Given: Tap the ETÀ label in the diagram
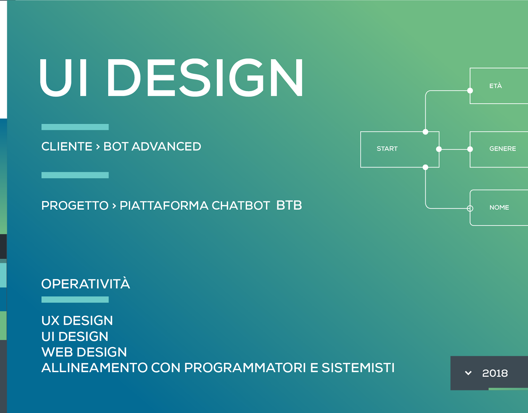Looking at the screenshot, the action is pyautogui.click(x=495, y=86).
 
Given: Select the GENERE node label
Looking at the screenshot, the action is pyautogui.click(x=502, y=149).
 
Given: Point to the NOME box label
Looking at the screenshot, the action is pyautogui.click(x=499, y=207).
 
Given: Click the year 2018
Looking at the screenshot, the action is pyautogui.click(x=495, y=373).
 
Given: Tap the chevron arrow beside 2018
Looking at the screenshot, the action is pyautogui.click(x=468, y=373).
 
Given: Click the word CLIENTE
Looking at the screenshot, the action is pyautogui.click(x=67, y=146).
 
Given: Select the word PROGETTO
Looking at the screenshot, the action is pyautogui.click(x=75, y=206).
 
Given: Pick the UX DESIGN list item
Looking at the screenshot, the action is pyautogui.click(x=77, y=320).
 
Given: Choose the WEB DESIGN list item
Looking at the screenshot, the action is pyautogui.click(x=84, y=352).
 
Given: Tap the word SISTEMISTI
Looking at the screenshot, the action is pyautogui.click(x=358, y=368).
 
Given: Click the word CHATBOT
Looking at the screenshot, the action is pyautogui.click(x=241, y=206).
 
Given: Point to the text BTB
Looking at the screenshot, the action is pyautogui.click(x=289, y=205).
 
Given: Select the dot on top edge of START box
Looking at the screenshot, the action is pyautogui.click(x=425, y=132).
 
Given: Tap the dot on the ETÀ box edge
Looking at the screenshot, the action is pyautogui.click(x=470, y=91).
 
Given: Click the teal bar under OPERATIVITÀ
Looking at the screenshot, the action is pyautogui.click(x=75, y=300).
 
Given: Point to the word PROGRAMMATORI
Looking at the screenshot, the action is pyautogui.click(x=245, y=368).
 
